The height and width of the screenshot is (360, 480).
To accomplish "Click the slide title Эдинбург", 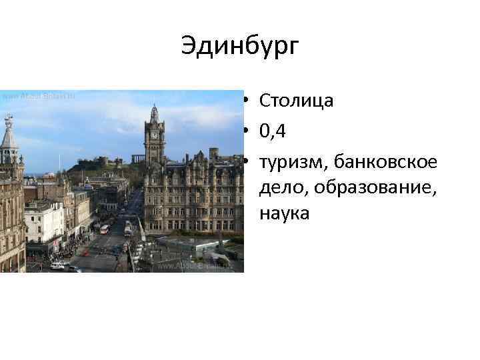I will [240, 47].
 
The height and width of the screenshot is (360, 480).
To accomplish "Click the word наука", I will [285, 214].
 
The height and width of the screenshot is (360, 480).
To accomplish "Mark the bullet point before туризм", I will [246, 161].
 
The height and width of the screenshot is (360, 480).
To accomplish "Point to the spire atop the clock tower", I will [154, 109].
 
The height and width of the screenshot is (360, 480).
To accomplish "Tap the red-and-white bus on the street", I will [104, 229].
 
